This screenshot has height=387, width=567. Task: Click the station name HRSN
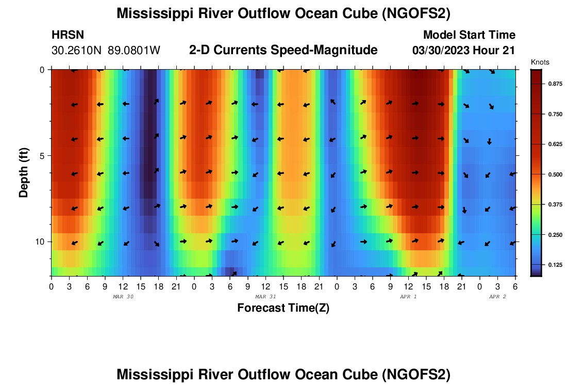tap(68, 35)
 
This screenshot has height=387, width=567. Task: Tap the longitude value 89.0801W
tap(134, 51)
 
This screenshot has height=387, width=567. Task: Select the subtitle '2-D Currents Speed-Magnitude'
tap(283, 50)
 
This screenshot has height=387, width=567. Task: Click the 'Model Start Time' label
tap(469, 35)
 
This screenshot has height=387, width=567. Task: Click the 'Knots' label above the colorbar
tap(540, 62)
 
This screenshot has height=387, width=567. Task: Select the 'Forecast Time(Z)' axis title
tap(283, 308)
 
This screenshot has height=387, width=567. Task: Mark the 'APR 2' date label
tap(497, 297)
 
